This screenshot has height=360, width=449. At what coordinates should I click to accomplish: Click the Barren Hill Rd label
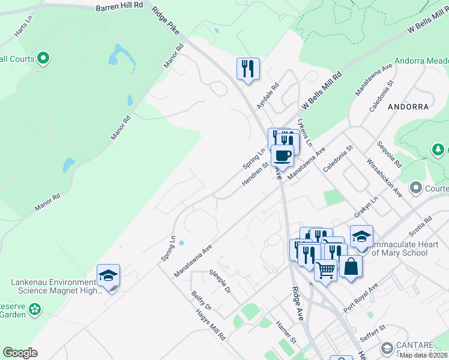(120, 5)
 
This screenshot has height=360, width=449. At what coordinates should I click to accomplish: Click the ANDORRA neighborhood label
(408, 107)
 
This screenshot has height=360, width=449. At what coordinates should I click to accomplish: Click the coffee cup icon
(282, 156)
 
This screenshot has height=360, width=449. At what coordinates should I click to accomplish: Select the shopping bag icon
(351, 266)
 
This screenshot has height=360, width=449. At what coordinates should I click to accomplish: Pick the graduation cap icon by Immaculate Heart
(361, 236)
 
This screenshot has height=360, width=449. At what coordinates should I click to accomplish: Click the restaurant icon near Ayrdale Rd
(248, 68)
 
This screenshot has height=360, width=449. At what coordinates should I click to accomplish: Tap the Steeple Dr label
(220, 281)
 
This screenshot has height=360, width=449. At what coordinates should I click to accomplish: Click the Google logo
(20, 353)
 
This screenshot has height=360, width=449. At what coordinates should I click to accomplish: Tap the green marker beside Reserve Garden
(35, 309)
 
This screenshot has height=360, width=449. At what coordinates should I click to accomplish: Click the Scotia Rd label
(419, 228)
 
